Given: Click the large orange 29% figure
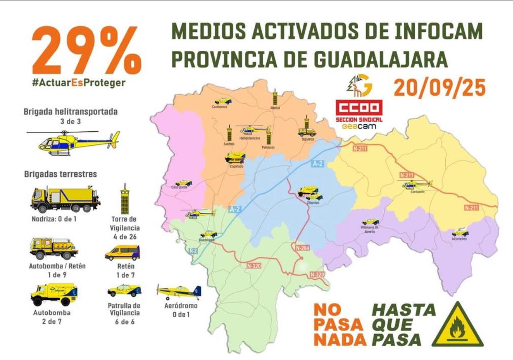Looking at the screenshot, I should coord(86,49).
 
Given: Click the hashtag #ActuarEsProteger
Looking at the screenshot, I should coord(79,83).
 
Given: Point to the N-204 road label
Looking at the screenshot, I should coord(303,248).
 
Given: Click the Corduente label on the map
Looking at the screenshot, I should coord(417,191).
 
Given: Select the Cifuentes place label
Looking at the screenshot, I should coord(313,202).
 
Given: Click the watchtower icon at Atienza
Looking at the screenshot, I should coord(275,97).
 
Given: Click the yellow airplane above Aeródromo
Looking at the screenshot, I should coord(179,291).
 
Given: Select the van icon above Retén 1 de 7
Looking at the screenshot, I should coord(122,253).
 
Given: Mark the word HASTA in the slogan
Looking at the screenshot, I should coord(403,310).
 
